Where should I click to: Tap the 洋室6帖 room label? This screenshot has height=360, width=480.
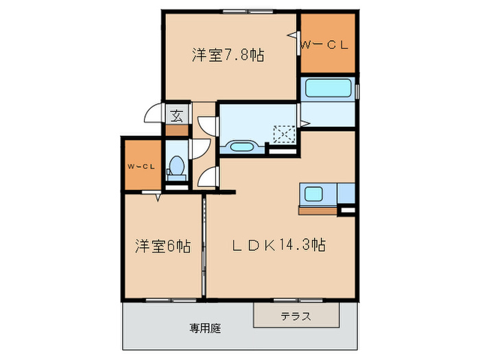[x=163, y=245]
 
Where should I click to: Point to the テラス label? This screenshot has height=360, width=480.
[x=296, y=316]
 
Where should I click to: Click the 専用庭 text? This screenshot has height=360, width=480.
[x=205, y=328]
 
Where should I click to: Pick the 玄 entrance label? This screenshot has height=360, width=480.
[x=176, y=115]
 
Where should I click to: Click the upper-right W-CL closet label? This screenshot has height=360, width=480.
[x=326, y=45]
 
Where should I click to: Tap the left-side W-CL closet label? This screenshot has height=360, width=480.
[x=141, y=166]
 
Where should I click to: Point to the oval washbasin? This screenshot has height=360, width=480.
[x=241, y=146]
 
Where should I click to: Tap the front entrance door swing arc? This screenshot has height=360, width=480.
[x=155, y=115]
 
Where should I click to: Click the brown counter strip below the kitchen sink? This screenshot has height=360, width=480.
[x=317, y=211]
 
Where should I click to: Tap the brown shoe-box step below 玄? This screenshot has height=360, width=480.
[x=176, y=129]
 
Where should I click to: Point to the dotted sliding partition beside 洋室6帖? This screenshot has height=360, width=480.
[x=204, y=247]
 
